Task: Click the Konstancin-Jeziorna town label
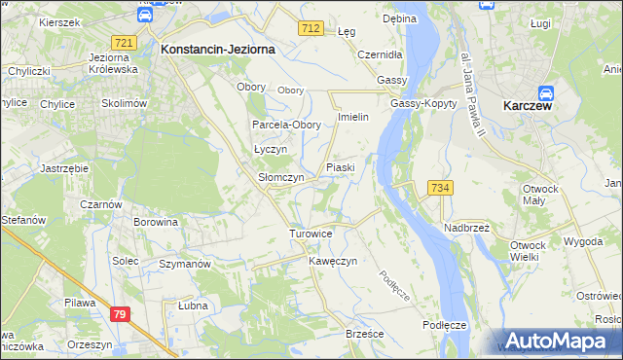tap(218, 48)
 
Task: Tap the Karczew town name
tap(528, 106)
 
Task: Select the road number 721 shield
tap(124, 43)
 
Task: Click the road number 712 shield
tap(311, 30)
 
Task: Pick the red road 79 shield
tap(120, 314)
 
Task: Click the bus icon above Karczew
tap(546, 93)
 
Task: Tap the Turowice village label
tap(311, 234)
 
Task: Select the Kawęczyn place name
tap(334, 262)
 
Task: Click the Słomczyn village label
tap(281, 178)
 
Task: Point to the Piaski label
tap(340, 167)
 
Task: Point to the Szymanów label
tap(185, 265)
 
